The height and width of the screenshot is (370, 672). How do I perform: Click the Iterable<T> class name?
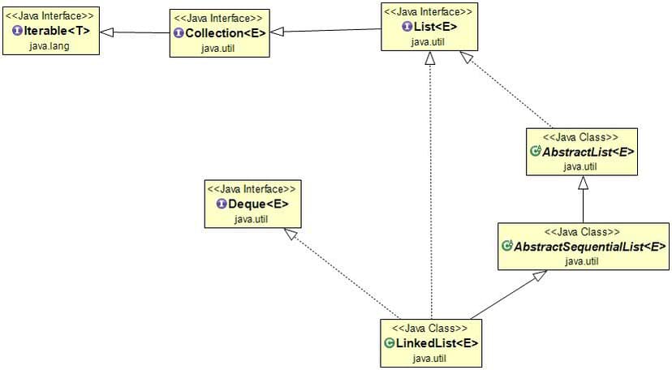click(56, 32)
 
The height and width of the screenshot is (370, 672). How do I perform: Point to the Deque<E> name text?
click(257, 204)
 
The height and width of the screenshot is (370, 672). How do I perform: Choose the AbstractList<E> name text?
click(588, 151)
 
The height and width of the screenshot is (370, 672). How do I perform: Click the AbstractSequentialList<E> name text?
click(588, 246)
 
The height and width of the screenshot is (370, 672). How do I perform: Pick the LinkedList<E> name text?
click(436, 342)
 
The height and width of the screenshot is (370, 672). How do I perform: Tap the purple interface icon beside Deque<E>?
click(221, 204)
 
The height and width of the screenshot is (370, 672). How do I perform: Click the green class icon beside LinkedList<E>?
click(389, 342)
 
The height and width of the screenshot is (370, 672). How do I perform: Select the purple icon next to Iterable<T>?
click(17, 32)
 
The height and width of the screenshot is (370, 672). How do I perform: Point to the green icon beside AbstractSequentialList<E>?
click(507, 246)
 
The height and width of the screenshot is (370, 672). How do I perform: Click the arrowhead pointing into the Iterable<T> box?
click(106, 32)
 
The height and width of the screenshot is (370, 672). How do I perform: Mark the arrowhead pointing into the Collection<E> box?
click(276, 32)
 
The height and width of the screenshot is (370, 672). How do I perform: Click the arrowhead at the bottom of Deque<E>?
click(288, 234)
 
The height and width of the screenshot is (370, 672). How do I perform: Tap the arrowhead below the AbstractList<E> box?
click(582, 183)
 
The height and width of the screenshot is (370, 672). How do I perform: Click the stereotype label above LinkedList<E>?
click(429, 328)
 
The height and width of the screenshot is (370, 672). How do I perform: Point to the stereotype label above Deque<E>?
click(252, 189)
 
